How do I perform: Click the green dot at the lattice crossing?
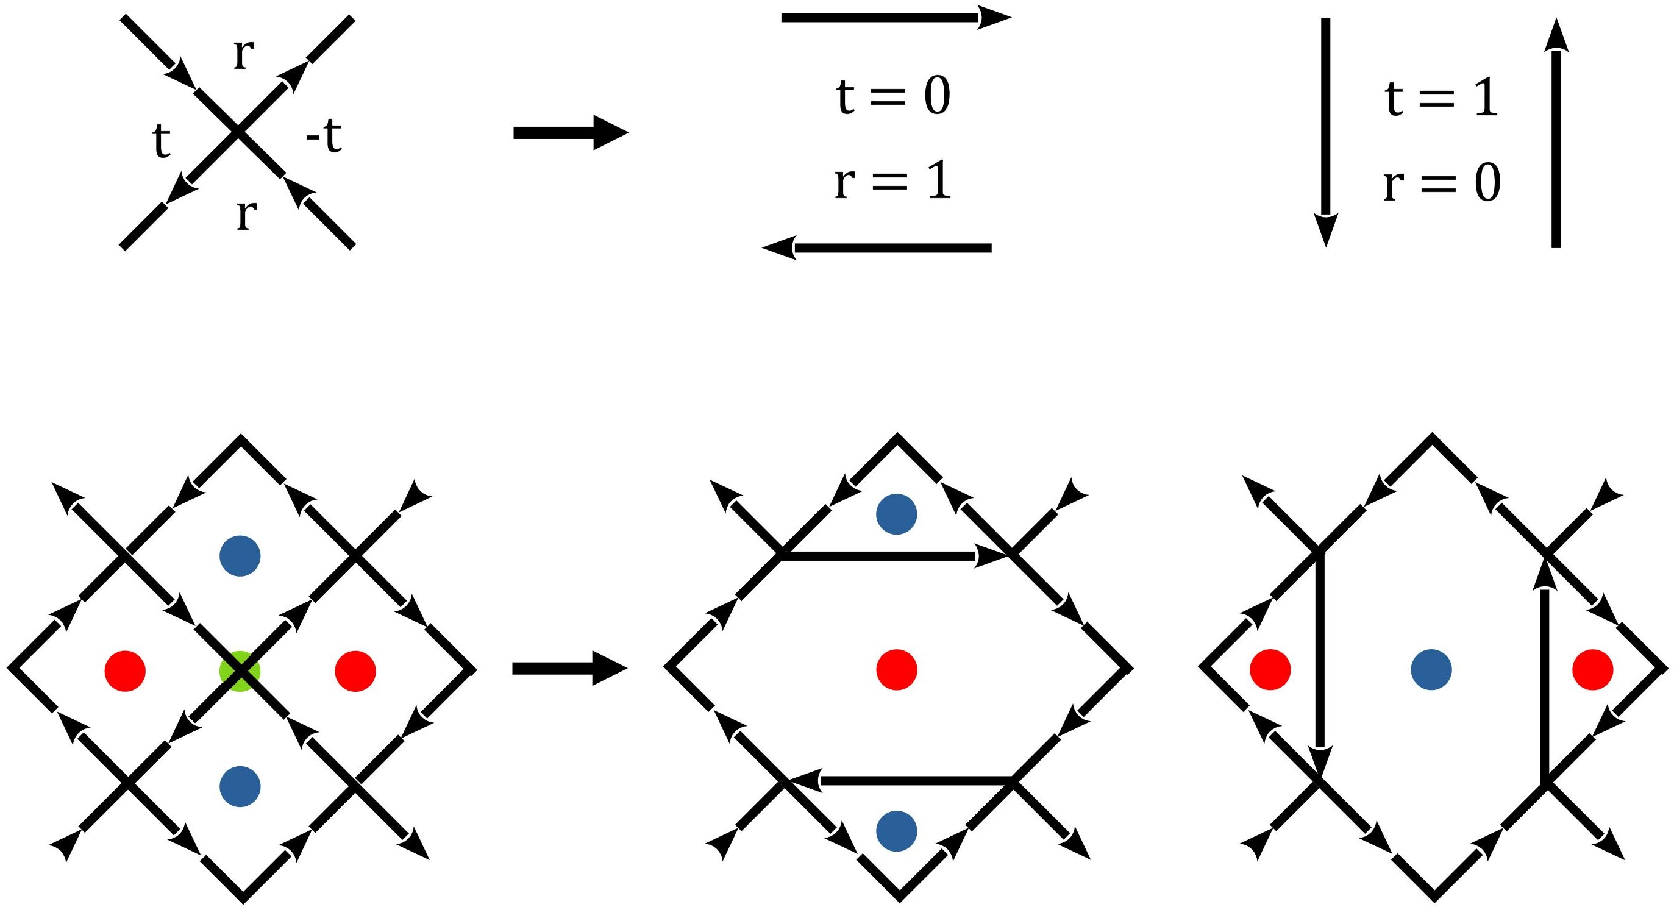click(x=239, y=670)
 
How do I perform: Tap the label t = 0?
click(x=893, y=96)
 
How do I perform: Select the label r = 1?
click(x=893, y=181)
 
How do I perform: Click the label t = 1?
click(x=1441, y=99)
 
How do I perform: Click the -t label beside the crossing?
click(x=324, y=137)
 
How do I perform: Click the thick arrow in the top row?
click(x=571, y=132)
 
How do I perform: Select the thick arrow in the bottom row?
click(x=569, y=669)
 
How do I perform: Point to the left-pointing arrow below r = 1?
click(x=877, y=247)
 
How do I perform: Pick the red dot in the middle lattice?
click(x=896, y=669)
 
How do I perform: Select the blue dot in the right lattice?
click(x=1431, y=669)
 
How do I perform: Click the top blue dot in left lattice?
click(x=240, y=555)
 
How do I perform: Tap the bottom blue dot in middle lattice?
click(x=896, y=831)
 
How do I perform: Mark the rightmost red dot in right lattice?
click(x=1592, y=669)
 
